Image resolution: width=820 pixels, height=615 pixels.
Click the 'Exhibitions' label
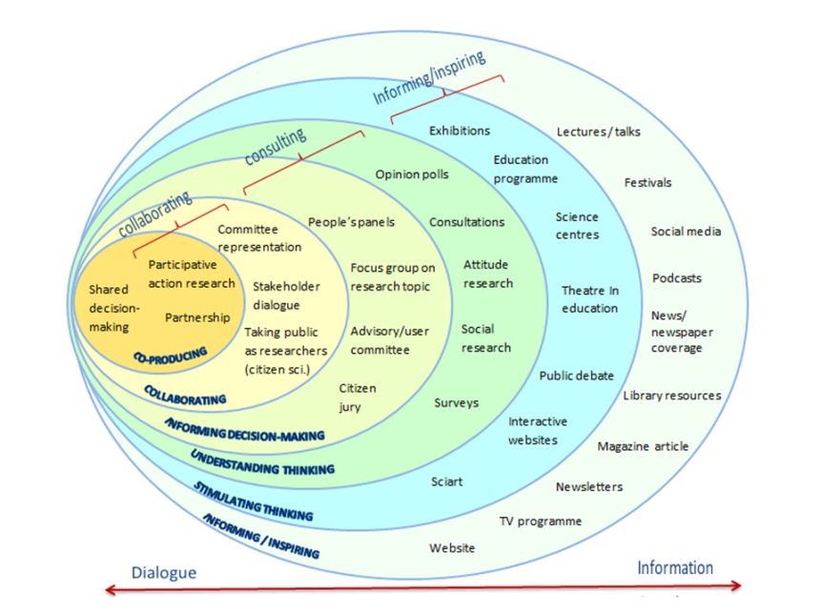tap(460, 131)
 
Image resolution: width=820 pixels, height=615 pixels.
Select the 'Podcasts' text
tap(677, 278)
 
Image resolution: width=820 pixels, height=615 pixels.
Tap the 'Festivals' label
tap(648, 182)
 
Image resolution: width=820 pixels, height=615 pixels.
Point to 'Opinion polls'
tap(412, 174)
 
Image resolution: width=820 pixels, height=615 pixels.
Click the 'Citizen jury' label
tap(358, 398)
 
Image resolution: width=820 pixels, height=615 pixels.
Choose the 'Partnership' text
tap(197, 318)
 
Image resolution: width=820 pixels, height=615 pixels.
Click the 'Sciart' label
tap(447, 482)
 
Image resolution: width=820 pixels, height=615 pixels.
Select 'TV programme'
tap(541, 522)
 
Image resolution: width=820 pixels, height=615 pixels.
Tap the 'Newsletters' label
tap(589, 486)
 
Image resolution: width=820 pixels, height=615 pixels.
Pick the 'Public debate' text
tap(577, 376)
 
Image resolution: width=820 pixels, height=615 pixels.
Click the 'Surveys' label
tap(457, 403)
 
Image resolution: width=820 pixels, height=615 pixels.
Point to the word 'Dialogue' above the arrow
tap(164, 573)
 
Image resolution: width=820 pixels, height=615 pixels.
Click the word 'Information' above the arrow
tap(675, 568)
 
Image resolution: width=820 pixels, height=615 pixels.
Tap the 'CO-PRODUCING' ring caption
tap(171, 356)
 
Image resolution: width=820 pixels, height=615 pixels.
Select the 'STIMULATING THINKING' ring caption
tap(253, 502)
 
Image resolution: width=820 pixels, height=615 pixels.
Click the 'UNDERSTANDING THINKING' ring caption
tap(262, 462)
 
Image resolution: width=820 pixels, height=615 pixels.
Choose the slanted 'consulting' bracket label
tap(276, 145)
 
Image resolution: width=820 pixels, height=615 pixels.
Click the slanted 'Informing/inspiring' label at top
tap(428, 77)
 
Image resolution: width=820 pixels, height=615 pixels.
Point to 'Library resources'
tap(672, 396)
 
